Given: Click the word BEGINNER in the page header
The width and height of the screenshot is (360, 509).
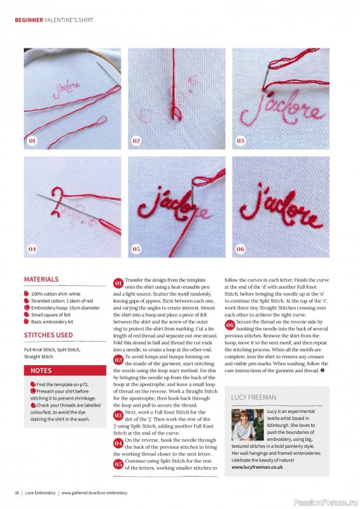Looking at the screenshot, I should click(x=29, y=20).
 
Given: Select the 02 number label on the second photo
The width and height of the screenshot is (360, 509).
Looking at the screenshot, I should click(x=136, y=140).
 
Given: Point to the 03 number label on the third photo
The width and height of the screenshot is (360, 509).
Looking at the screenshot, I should click(x=240, y=140).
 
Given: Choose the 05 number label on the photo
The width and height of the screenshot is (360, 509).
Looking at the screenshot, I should click(x=136, y=249).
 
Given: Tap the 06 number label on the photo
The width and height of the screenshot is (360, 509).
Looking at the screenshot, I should click(x=240, y=249).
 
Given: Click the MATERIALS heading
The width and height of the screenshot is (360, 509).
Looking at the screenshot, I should click(x=41, y=279).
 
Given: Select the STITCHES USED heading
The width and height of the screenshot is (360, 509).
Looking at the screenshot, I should click(x=48, y=335).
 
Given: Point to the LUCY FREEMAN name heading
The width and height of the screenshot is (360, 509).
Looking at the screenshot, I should click(x=254, y=397).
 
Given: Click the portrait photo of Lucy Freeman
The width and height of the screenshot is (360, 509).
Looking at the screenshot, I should click(x=247, y=425).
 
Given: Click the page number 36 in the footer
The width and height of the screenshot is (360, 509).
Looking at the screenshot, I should click(x=17, y=492).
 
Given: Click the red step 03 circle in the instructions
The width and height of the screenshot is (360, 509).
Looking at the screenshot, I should click(x=118, y=415).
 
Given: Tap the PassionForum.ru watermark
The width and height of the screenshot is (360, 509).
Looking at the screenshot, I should click(x=326, y=492).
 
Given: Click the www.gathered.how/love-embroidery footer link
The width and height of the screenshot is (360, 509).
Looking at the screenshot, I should click(x=94, y=492).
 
